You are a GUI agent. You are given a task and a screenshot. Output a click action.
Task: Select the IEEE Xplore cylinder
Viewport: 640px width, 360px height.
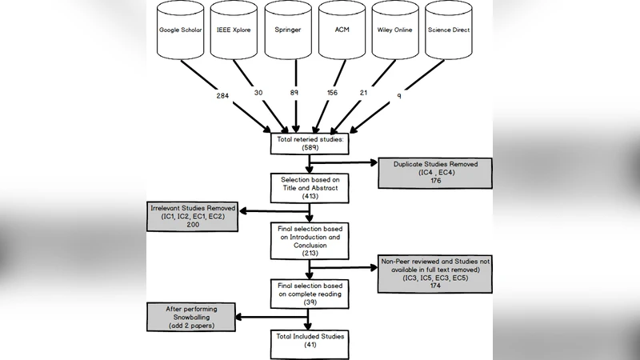[234, 32]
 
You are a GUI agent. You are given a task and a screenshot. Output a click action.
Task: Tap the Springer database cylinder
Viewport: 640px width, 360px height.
[288, 32]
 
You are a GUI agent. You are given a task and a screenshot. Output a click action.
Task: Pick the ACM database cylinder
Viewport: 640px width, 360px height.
[342, 32]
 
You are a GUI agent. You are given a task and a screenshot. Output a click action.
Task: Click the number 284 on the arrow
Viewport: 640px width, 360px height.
[223, 96]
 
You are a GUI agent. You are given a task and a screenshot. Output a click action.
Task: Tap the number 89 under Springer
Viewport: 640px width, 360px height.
[294, 93]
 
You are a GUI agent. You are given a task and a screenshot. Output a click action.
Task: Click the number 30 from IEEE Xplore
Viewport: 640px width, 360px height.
[258, 93]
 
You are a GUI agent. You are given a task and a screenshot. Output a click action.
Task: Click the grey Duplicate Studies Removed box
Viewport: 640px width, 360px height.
[434, 171]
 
